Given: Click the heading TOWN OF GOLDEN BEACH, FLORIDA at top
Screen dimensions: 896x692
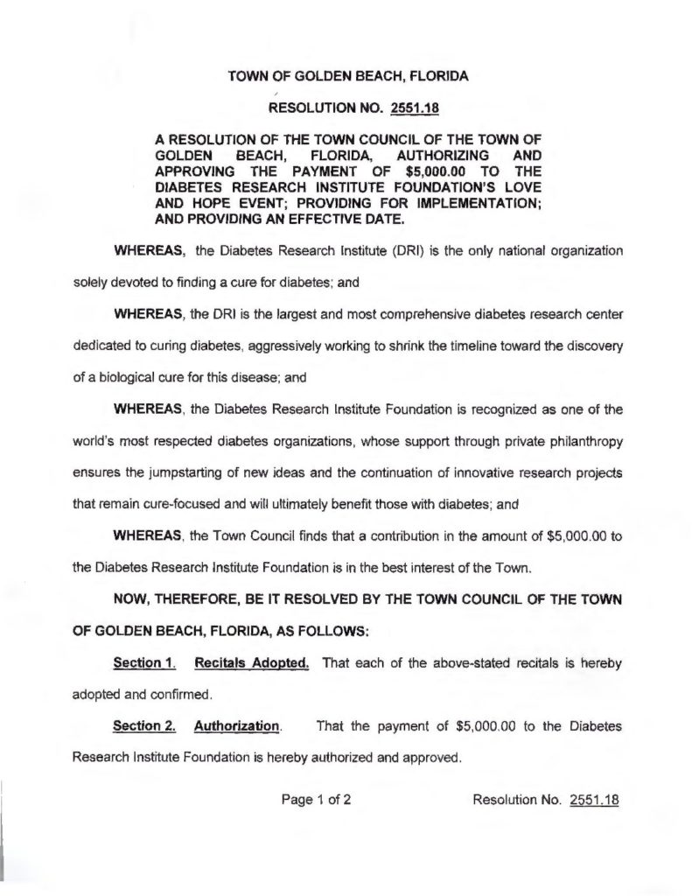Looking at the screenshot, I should (x=347, y=76).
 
